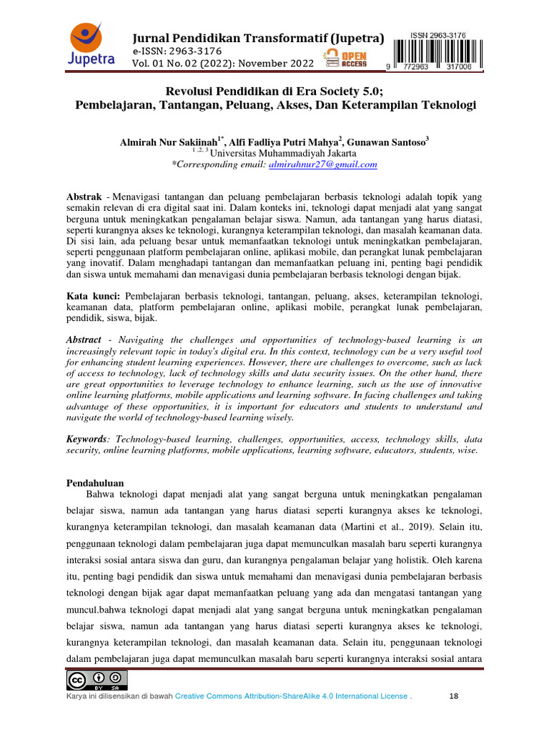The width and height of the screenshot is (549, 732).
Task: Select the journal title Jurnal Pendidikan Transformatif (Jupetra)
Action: click(258, 38)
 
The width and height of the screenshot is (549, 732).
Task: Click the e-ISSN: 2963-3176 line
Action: click(177, 51)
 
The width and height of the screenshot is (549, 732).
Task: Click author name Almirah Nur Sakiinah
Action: click(168, 142)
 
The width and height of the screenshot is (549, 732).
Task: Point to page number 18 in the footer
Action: click(454, 696)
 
